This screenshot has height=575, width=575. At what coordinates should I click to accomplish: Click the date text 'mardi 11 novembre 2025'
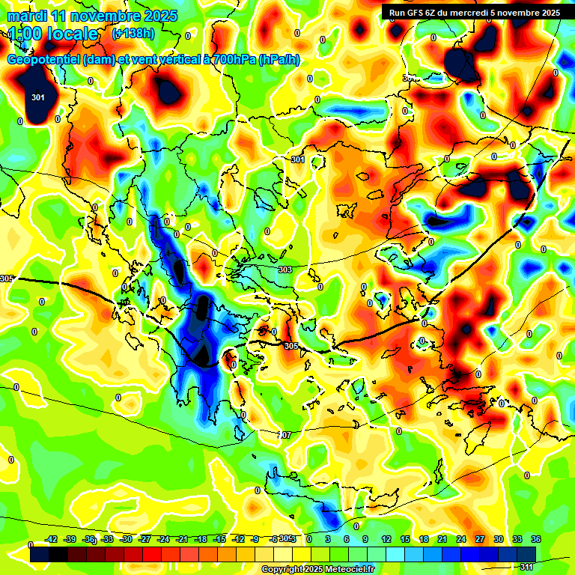click(x=92, y=16)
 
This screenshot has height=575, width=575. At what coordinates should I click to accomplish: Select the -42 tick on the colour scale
click(x=52, y=539)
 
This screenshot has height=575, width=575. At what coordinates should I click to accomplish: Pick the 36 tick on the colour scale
click(x=536, y=539)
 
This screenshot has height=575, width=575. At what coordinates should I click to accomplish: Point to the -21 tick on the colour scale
click(x=182, y=539)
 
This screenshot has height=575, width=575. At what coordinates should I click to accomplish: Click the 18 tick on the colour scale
click(x=424, y=539)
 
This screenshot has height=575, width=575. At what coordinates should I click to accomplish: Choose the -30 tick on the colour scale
click(x=127, y=539)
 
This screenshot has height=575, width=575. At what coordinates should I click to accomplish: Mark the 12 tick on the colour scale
click(x=386, y=539)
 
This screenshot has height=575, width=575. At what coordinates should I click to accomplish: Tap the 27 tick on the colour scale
click(x=480, y=539)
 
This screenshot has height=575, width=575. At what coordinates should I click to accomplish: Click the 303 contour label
click(x=285, y=270)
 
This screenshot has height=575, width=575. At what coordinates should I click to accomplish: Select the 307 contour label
click(x=285, y=435)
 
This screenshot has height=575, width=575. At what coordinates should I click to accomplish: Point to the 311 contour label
click(x=526, y=566)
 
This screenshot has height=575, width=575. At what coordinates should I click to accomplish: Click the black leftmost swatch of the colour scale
click(x=40, y=554)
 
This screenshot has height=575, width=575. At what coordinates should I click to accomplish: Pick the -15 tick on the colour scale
click(x=219, y=539)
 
